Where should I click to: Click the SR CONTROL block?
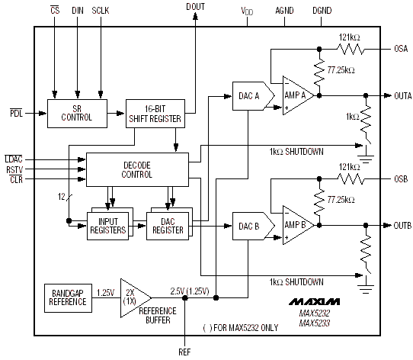(77, 114)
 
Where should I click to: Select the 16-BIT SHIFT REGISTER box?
(155, 114)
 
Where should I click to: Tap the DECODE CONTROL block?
(137, 169)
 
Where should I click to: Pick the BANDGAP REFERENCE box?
(68, 298)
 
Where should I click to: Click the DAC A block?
(253, 96)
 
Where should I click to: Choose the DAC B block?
(253, 226)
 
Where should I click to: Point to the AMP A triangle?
(298, 95)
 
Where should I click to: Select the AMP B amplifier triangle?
(298, 225)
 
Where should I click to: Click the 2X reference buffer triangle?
(136, 298)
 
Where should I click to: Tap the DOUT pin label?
(195, 7)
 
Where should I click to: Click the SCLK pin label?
(101, 11)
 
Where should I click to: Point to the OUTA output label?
(403, 96)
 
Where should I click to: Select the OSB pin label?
(401, 178)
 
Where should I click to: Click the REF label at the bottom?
(184, 352)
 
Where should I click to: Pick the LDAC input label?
(14, 159)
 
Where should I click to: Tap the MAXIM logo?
(314, 302)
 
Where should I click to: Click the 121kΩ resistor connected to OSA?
(351, 50)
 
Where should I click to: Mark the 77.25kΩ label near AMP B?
(341, 200)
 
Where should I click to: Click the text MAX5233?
(315, 323)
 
